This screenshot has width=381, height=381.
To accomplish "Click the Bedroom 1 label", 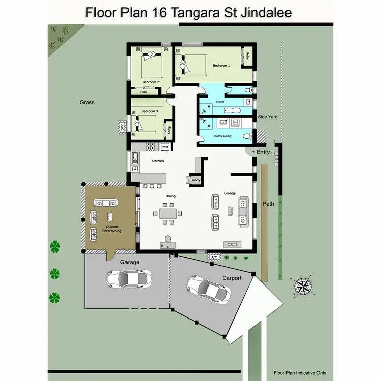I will pyautogui.click(x=221, y=66).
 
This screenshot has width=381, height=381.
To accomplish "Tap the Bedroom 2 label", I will pyautogui.click(x=151, y=82).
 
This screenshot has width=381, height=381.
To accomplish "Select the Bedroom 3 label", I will pyautogui.click(x=149, y=111).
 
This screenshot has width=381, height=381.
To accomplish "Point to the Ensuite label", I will pyautogui.click(x=220, y=102).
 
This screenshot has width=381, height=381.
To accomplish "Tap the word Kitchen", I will pyautogui.click(x=158, y=161).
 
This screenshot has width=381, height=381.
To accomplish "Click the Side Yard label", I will pyautogui.click(x=267, y=117).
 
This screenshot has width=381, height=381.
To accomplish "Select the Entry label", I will pyautogui.click(x=264, y=152).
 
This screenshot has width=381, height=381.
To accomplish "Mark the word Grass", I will pyautogui.click(x=87, y=102).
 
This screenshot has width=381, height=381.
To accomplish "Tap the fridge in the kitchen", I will pyautogui.click(x=165, y=147).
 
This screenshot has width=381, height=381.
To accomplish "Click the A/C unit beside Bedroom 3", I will pyautogui.click(x=122, y=128).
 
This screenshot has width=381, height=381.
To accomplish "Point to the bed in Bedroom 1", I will pyautogui.click(x=185, y=65).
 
